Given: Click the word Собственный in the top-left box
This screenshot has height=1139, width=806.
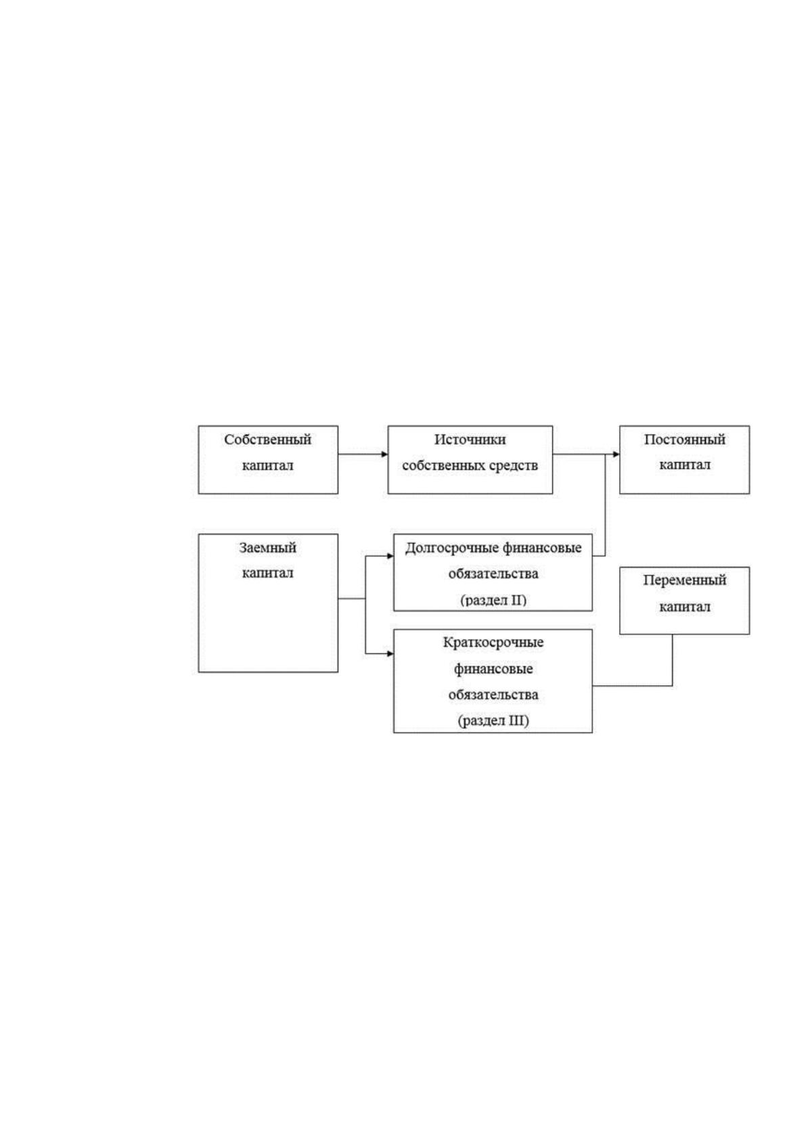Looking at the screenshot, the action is pyautogui.click(x=267, y=440).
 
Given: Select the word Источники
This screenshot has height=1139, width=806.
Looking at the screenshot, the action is pyautogui.click(x=470, y=440).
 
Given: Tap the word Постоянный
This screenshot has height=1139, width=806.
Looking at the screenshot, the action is pyautogui.click(x=684, y=440).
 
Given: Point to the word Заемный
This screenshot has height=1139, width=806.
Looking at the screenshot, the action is pyautogui.click(x=267, y=548).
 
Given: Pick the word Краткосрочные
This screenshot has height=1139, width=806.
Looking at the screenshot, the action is pyautogui.click(x=493, y=643).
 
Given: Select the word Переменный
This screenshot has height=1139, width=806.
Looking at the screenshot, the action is pyautogui.click(x=684, y=580).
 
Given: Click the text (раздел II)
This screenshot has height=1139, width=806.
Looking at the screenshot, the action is pyautogui.click(x=493, y=600).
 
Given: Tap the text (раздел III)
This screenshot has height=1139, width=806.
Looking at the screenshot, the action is pyautogui.click(x=493, y=720).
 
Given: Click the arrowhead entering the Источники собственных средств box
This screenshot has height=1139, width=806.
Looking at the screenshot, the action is pyautogui.click(x=384, y=455).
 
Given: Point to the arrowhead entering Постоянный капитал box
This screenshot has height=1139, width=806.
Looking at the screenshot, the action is pyautogui.click(x=617, y=455).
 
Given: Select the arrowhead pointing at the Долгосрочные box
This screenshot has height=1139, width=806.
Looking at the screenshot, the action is pyautogui.click(x=390, y=556).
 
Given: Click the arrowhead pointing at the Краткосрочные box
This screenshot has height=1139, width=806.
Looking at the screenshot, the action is pyautogui.click(x=390, y=654).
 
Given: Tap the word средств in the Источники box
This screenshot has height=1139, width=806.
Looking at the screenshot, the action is pyautogui.click(x=514, y=466).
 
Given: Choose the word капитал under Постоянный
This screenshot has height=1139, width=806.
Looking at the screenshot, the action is pyautogui.click(x=684, y=465).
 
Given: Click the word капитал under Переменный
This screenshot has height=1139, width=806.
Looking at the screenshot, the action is pyautogui.click(x=684, y=607).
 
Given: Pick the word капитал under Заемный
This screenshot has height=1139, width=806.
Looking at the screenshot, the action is pyautogui.click(x=267, y=573).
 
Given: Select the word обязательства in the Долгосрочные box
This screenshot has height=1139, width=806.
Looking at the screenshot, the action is pyautogui.click(x=493, y=574).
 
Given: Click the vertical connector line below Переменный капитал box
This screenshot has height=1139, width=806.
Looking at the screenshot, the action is pyautogui.click(x=672, y=660).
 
